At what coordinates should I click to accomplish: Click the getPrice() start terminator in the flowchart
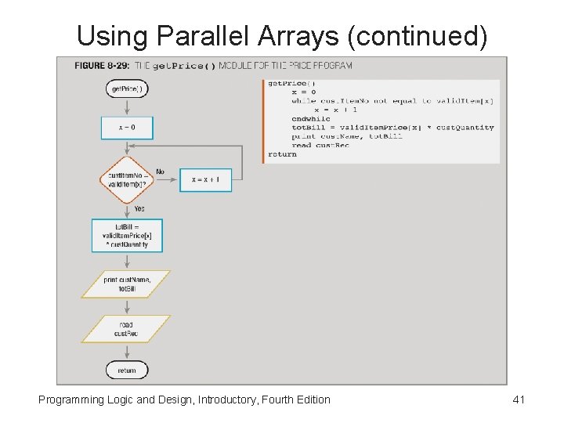[127, 89]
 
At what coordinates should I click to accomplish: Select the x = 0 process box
[127, 128]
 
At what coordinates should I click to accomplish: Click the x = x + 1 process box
[206, 180]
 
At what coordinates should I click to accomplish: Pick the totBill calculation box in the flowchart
[127, 235]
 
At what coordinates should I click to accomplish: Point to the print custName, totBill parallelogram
[127, 284]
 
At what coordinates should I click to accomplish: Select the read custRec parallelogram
[126, 329]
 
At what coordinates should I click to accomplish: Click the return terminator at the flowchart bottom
[127, 370]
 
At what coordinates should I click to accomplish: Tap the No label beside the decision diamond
[160, 172]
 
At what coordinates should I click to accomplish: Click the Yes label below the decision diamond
[139, 209]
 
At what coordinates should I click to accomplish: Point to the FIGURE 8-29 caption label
[102, 66]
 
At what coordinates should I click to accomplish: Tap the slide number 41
[518, 400]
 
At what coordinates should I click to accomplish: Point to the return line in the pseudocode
[282, 154]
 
